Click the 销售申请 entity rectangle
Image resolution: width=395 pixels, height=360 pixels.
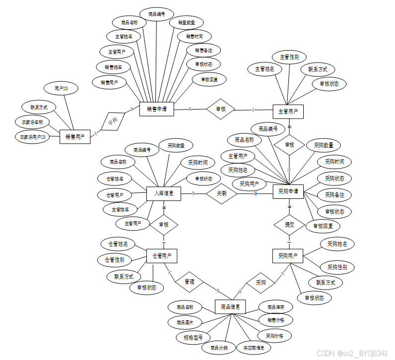[x=156, y=109]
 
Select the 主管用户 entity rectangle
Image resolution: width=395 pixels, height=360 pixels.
[x=288, y=112]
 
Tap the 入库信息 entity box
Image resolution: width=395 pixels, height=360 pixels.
[x=164, y=193]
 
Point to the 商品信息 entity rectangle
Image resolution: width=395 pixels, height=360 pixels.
[x=230, y=307]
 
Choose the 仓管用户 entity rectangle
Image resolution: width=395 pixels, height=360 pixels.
[x=162, y=256]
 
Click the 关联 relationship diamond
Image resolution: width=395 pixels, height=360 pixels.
[x=221, y=194]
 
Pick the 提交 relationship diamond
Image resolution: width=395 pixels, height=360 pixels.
[x=288, y=225]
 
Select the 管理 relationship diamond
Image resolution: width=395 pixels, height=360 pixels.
[x=190, y=281]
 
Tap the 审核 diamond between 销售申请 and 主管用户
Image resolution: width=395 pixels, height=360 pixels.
[x=220, y=109]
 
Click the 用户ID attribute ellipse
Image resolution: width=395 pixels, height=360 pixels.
[x=62, y=88]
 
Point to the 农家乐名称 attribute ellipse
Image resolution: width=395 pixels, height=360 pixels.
[x=32, y=121]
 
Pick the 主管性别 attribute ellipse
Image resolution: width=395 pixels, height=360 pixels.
[x=289, y=57]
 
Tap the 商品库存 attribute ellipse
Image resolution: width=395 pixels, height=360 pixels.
[x=275, y=307]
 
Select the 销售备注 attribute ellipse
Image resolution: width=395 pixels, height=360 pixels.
[x=203, y=50]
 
